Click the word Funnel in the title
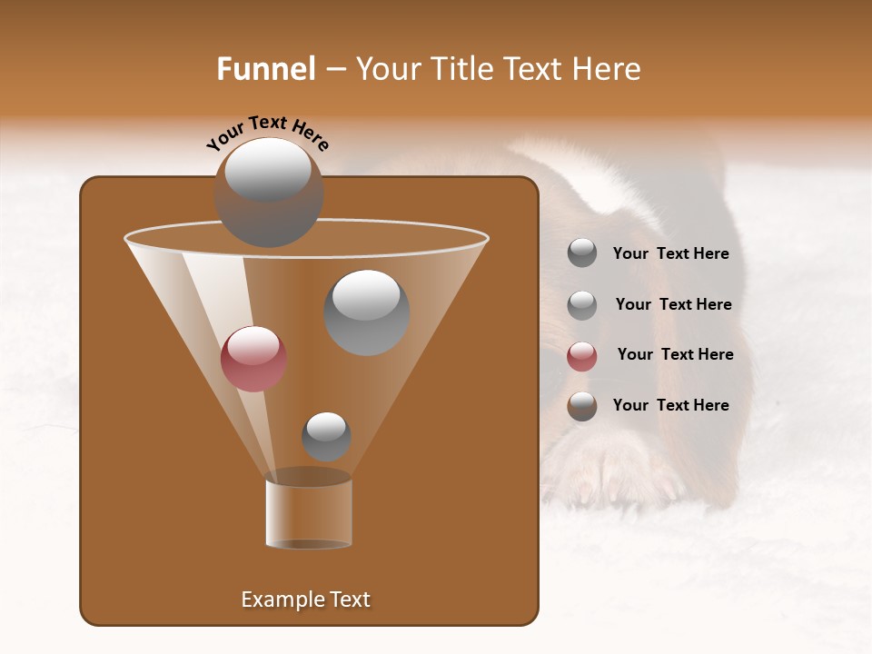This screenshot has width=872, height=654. tap(266, 69)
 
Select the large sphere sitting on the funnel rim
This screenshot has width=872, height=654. tap(269, 193)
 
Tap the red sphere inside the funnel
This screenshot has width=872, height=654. tap(253, 359)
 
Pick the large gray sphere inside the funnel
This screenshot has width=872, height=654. tap(367, 312)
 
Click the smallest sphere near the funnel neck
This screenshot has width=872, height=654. tap(326, 436)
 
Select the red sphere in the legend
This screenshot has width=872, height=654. tap(582, 356)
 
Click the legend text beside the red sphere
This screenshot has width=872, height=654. tap(675, 354)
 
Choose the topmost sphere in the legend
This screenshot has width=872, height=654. tap(582, 253)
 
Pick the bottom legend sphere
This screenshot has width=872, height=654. tap(582, 406)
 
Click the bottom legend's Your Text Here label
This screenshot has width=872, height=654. tap(670, 405)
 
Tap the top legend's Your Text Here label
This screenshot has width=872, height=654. tap(670, 253)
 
